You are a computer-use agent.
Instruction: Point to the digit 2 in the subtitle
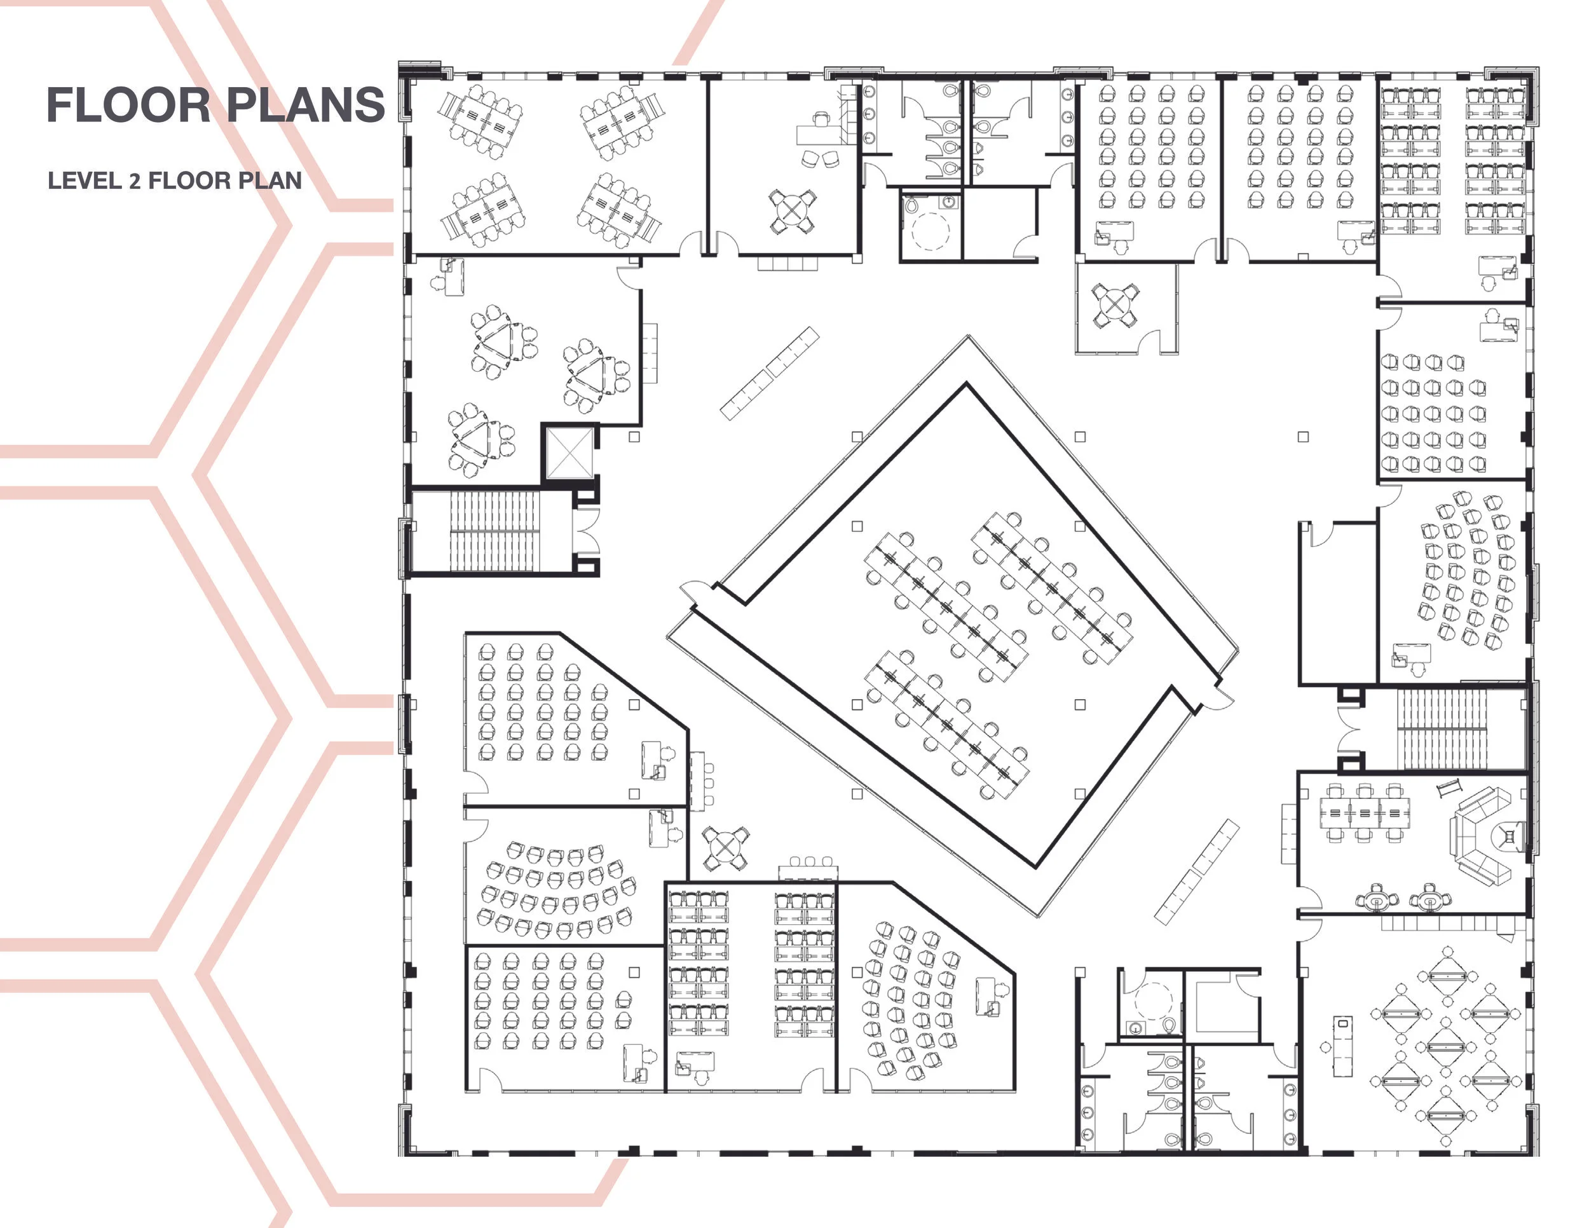[135, 181]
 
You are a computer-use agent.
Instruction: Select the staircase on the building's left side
[494, 531]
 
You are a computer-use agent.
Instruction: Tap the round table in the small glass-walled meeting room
[1114, 305]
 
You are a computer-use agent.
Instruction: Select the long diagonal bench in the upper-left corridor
[769, 373]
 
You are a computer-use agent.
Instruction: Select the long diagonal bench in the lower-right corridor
[1196, 872]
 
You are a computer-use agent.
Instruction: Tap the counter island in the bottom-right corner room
[1342, 1046]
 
